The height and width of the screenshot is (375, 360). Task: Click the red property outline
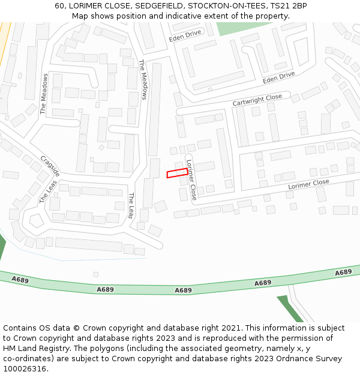pos(176,173)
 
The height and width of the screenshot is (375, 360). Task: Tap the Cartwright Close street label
pos(257,100)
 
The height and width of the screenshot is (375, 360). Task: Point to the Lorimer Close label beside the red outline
pos(191,180)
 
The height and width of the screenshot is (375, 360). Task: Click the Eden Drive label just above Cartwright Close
pos(278,77)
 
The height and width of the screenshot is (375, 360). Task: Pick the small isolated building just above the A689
pos(95,274)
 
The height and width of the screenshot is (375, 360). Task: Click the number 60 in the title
pos(59,5)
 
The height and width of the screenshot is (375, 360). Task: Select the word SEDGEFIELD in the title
pos(160,5)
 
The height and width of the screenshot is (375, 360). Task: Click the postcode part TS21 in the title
pos(281,5)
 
